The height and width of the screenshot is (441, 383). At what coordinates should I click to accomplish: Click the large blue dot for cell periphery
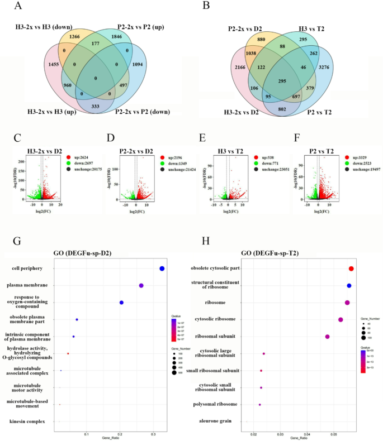pyautogui.click(x=162, y=269)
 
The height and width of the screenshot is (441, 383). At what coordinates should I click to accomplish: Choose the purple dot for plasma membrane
pyautogui.click(x=141, y=286)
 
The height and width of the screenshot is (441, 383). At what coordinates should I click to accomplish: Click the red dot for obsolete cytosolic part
pyautogui.click(x=351, y=269)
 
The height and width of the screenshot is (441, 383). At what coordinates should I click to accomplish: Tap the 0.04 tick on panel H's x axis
pyautogui.click(x=306, y=433)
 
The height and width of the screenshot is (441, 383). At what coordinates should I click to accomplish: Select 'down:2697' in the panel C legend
pyautogui.click(x=73, y=157)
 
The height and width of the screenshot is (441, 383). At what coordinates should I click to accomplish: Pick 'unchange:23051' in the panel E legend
pyautogui.click(x=268, y=164)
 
